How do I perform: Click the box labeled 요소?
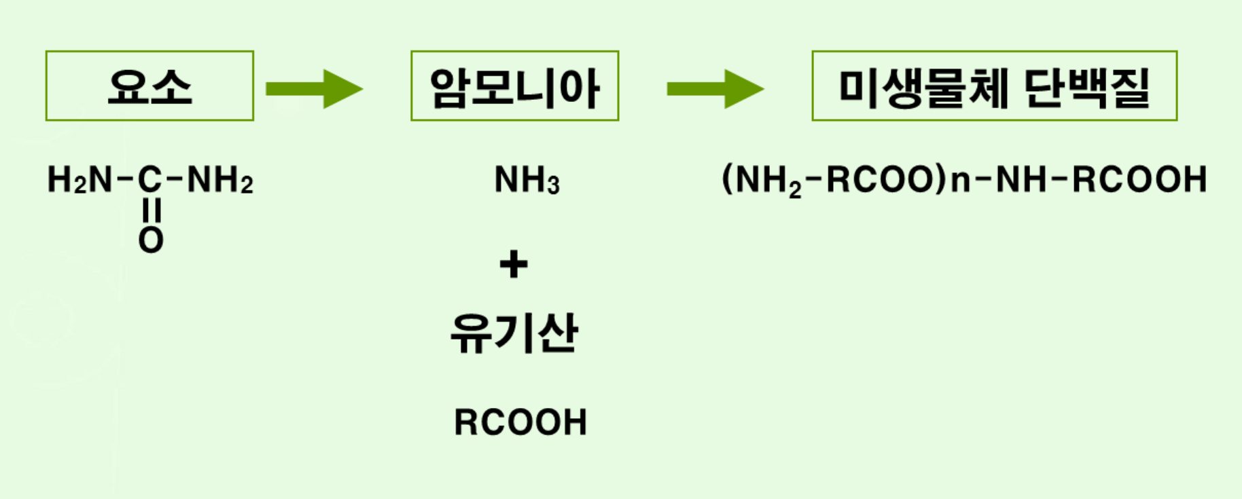point(149,86)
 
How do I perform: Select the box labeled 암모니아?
point(514,86)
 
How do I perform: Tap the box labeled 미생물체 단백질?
point(994,86)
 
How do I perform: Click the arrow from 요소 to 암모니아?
point(314,89)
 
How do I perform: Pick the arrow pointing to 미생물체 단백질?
point(715,89)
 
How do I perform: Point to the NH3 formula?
point(527,181)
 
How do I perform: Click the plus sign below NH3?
point(514,264)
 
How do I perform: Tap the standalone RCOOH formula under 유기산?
point(520,422)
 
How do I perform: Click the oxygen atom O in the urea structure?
point(151,240)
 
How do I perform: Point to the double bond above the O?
point(151,211)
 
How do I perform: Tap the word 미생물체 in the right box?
point(924,88)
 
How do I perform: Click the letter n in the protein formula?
point(960,180)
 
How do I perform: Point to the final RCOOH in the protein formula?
point(1139,180)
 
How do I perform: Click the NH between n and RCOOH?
point(1021,180)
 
